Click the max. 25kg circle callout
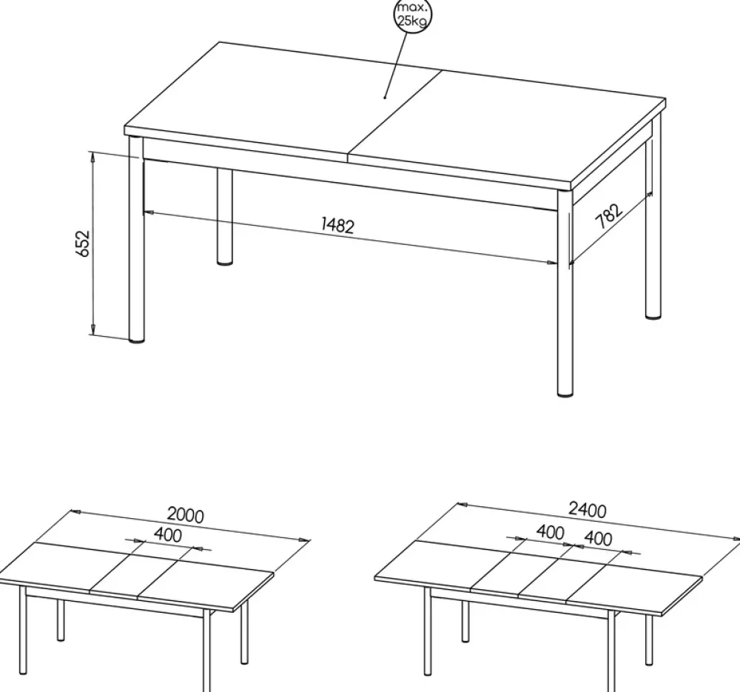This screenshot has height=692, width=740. click(x=412, y=16)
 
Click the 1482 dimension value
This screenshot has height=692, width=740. click(x=337, y=225)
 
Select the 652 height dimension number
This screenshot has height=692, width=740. click(x=83, y=243)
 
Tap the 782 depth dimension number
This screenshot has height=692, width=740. click(x=609, y=215)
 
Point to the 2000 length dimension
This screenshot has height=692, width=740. click(x=186, y=515)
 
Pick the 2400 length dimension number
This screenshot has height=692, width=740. click(x=588, y=510)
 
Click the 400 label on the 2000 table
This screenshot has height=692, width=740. click(x=167, y=535)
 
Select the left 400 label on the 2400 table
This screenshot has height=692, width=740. click(x=551, y=532)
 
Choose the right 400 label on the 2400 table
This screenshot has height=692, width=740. click(x=598, y=539)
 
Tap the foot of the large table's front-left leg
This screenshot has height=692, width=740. click(x=136, y=339)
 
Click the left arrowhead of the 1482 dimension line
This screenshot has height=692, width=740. click(x=148, y=212)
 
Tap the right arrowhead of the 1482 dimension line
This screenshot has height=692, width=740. click(x=551, y=263)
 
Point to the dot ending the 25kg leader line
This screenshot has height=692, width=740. click(x=385, y=98)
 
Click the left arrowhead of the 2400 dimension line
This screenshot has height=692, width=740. click(x=462, y=505)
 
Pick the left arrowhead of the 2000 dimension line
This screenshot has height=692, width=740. click(x=76, y=511)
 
